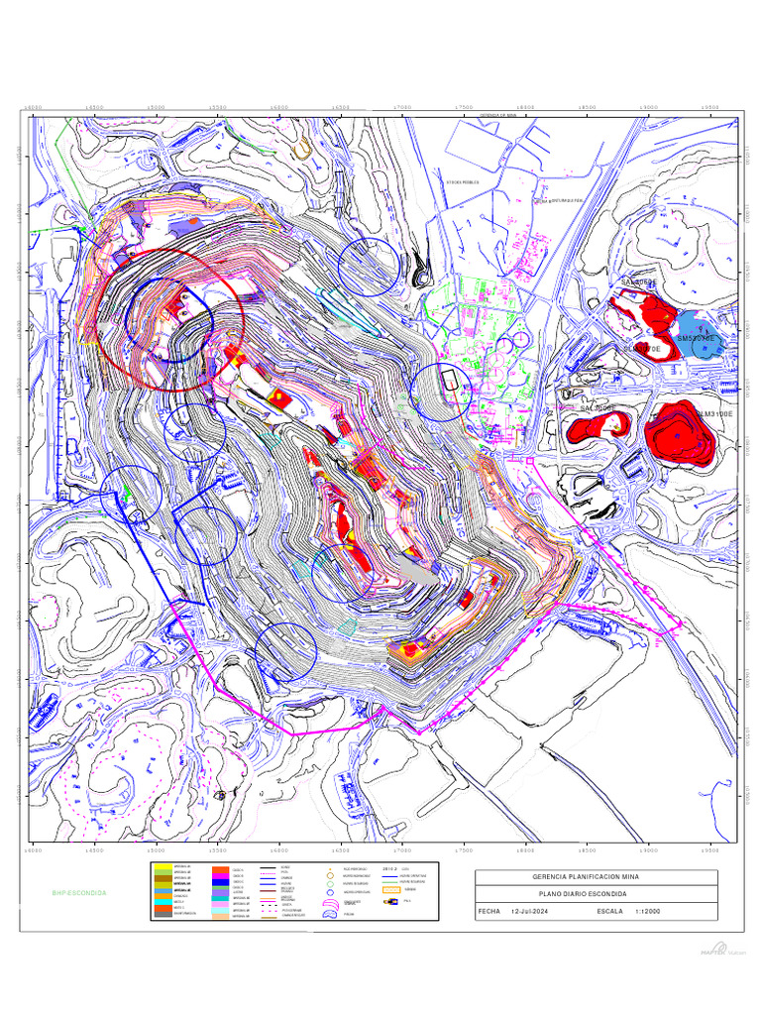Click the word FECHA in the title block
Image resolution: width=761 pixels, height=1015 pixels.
[489, 911]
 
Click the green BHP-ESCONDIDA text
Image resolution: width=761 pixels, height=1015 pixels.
[78, 893]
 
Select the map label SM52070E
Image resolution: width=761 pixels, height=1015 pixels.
[696, 338]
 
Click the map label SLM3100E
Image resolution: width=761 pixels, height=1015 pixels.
[713, 413]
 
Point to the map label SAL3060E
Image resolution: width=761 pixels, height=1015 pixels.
[638, 282]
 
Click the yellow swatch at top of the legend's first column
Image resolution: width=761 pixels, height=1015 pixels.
[161, 867]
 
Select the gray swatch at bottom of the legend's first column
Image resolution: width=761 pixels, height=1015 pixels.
[161, 916]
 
